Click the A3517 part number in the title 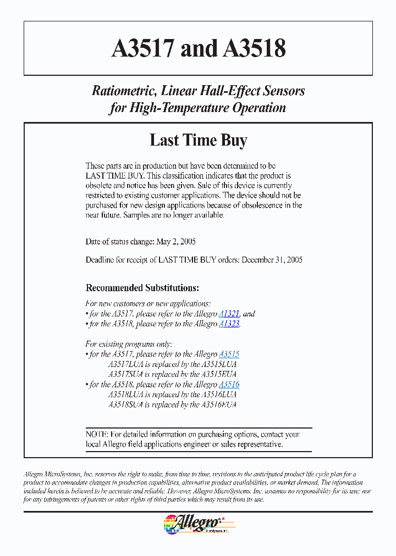point(144,49)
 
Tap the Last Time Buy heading point(198,140)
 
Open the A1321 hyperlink point(229,314)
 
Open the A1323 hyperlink point(229,324)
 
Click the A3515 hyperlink point(229,354)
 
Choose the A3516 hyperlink point(229,385)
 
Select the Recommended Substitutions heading point(142,288)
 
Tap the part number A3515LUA point(218,364)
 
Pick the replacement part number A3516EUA point(218,404)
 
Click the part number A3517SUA point(126,374)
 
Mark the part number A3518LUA point(126,394)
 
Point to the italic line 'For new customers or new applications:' point(148,303)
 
